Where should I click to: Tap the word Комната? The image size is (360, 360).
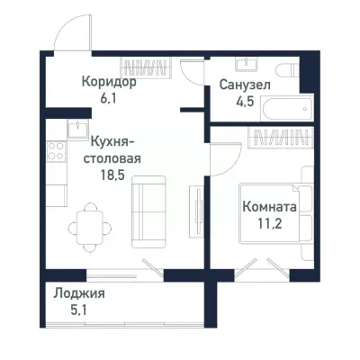pos(270,206)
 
